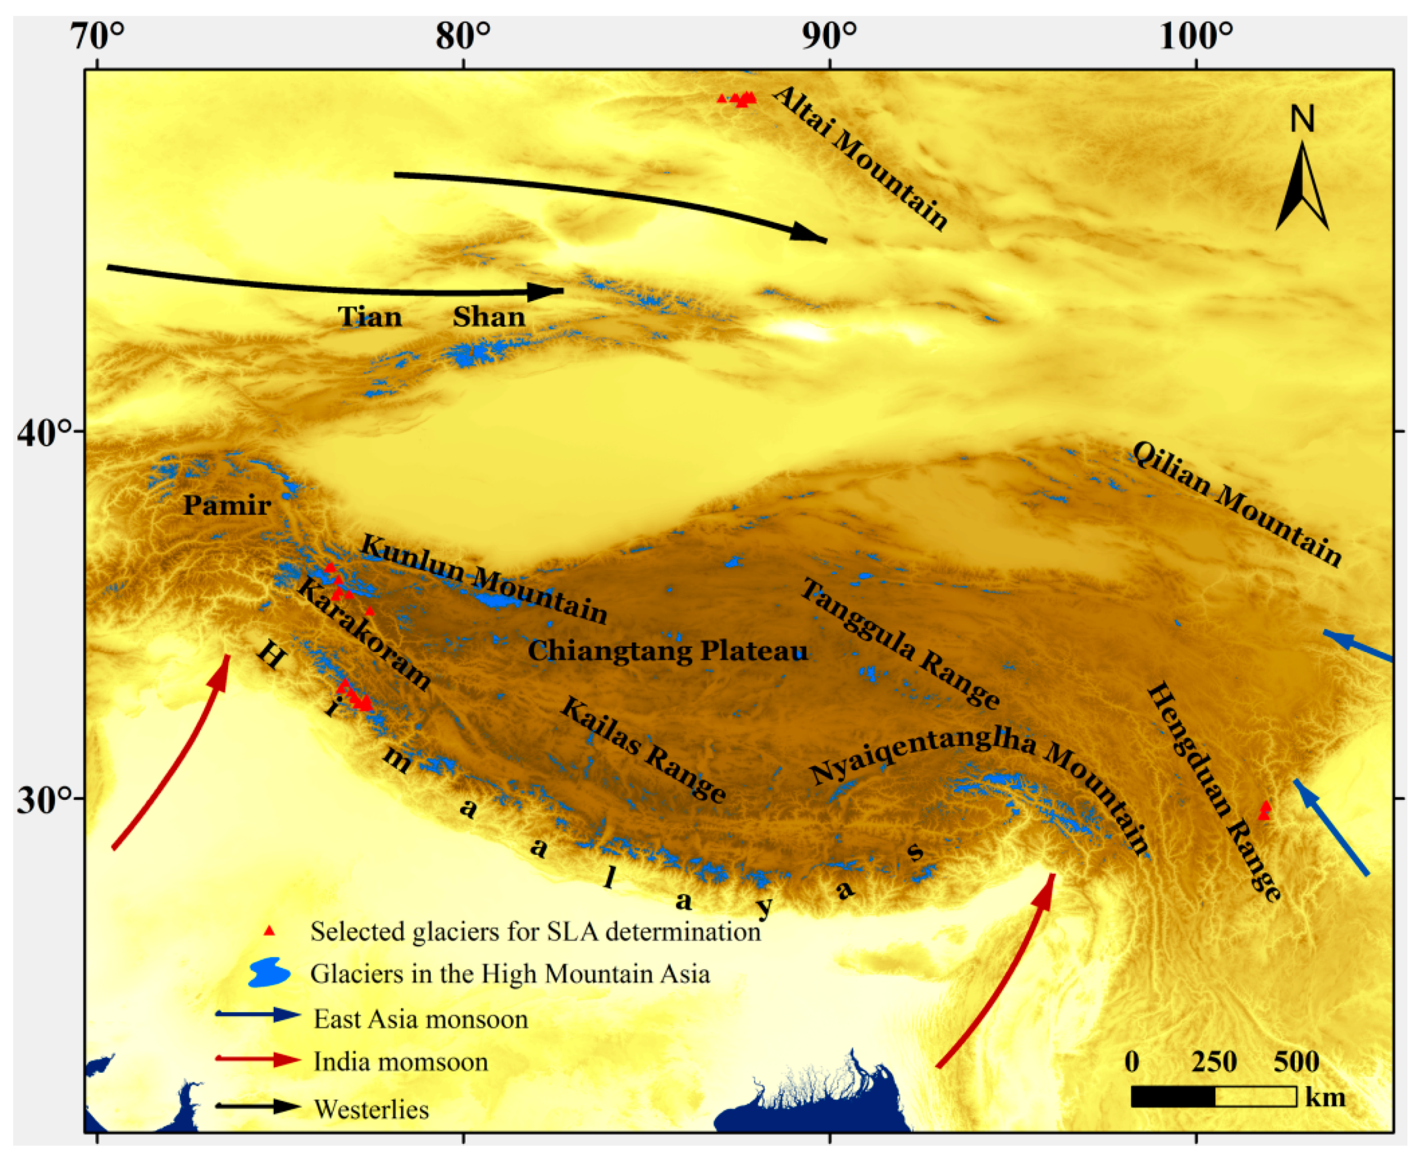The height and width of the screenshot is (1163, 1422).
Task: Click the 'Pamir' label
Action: pyautogui.click(x=227, y=505)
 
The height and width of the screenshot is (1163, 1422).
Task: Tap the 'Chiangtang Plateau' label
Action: pyautogui.click(x=667, y=650)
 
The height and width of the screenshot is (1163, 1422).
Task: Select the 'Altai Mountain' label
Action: pyautogui.click(x=861, y=158)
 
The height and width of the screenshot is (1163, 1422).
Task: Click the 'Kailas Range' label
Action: pyautogui.click(x=644, y=749)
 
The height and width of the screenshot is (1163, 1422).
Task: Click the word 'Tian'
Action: pyautogui.click(x=370, y=317)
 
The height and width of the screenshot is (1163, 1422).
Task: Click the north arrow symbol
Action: pyautogui.click(x=1301, y=188)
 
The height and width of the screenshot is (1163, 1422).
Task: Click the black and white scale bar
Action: pyautogui.click(x=1214, y=1096)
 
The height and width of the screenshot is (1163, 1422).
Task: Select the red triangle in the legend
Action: pyautogui.click(x=269, y=931)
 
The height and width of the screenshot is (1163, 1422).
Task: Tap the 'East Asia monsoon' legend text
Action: pyautogui.click(x=421, y=1020)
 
